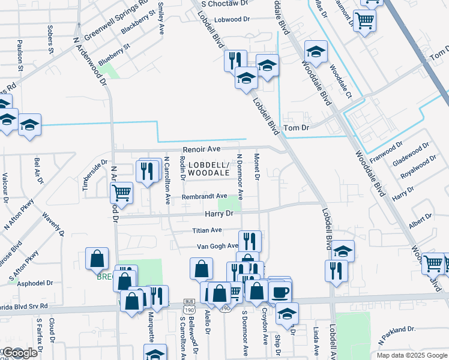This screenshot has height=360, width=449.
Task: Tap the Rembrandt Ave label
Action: click(x=205, y=196)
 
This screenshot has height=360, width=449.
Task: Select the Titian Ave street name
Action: click(x=207, y=230)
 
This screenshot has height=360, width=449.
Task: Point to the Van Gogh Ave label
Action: click(x=218, y=246)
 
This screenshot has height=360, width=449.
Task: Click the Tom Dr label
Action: click(x=296, y=128)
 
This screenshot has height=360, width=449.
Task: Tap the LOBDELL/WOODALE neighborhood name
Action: click(x=208, y=169)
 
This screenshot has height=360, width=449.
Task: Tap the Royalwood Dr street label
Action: click(x=418, y=169)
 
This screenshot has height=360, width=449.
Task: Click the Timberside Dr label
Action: click(x=94, y=175)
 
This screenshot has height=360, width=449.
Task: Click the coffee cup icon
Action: click(x=279, y=292)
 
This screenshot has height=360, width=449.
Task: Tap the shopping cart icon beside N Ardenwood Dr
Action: click(x=121, y=193)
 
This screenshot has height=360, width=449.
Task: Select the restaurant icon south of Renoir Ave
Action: click(x=146, y=171)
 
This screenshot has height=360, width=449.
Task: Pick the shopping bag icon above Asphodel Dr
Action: click(x=97, y=259)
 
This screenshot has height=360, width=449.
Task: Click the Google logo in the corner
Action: click(x=19, y=353)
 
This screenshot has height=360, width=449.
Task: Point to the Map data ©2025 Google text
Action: click(x=412, y=355)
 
